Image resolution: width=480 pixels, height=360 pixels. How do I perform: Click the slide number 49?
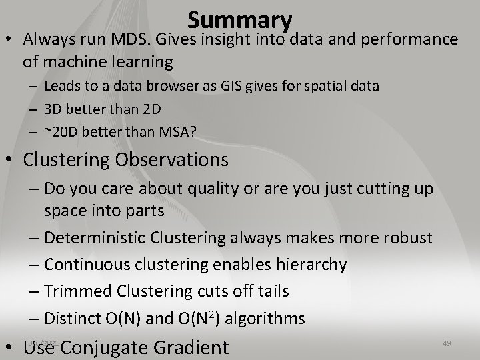tap(447, 343)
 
